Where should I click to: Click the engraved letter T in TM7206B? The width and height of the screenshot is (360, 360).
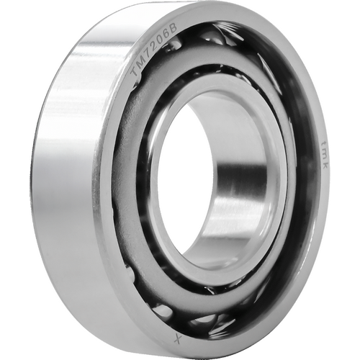(135, 71)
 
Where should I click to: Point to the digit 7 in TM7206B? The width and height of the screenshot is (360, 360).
(148, 52)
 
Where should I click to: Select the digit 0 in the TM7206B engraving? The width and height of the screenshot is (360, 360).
(161, 39)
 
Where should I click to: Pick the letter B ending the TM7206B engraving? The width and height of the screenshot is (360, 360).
(174, 28)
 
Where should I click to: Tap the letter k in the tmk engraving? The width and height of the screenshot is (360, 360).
(324, 164)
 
